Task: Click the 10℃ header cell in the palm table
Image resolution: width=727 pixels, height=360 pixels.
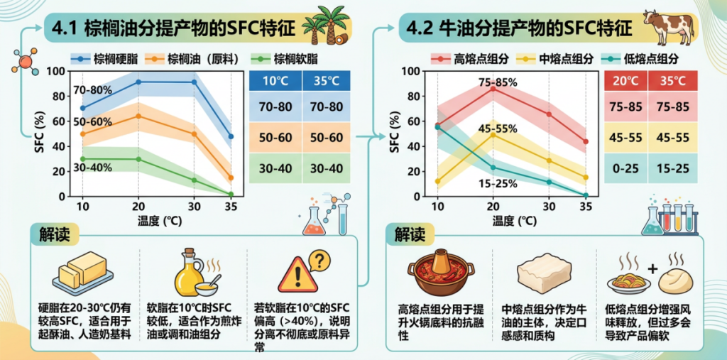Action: pos(275,81)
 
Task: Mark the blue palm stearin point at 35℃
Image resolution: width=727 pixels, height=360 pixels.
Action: pos(231,136)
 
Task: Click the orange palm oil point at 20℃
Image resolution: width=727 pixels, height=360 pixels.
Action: pos(138,116)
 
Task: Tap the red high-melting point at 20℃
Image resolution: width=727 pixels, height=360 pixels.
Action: pos(493,88)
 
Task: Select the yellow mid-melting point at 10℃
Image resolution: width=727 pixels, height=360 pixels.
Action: pos(437,181)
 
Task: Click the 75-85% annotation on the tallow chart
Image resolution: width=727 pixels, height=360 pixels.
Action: pos(497,82)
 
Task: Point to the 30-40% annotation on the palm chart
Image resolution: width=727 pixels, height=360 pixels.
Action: pos(92,168)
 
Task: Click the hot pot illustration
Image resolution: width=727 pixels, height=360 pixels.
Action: pos(441,273)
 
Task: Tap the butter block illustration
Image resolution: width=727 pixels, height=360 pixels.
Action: pos(82,272)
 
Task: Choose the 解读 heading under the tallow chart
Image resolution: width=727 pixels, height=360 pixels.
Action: pos(410,234)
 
